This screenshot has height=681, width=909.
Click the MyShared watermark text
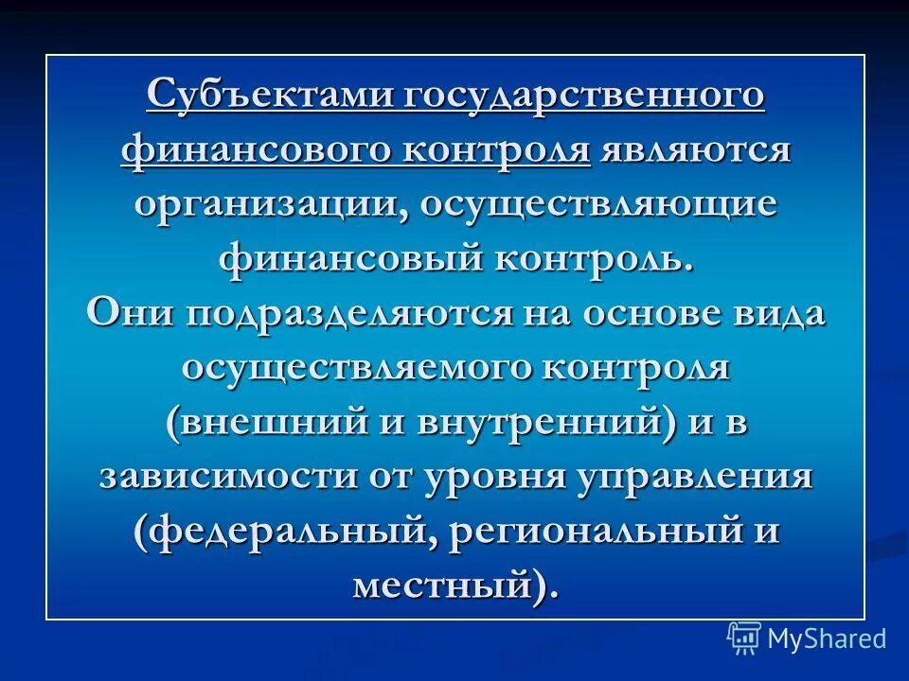point(827,639)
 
